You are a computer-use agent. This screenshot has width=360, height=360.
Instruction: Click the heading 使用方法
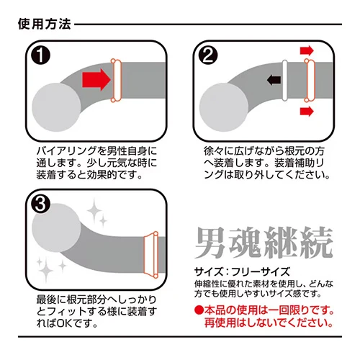[x=45, y=24]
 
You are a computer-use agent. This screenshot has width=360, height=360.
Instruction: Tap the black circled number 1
[x=41, y=55]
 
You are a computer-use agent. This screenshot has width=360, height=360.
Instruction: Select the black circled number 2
[x=208, y=55]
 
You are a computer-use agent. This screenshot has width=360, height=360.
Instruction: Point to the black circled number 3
[x=41, y=204]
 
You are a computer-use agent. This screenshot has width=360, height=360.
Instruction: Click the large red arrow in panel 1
[x=96, y=79]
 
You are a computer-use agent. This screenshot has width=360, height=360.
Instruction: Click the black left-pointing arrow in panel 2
[x=274, y=80]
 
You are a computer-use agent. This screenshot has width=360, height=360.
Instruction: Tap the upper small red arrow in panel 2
[x=307, y=50]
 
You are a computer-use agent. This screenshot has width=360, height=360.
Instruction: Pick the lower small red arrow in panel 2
[x=307, y=111]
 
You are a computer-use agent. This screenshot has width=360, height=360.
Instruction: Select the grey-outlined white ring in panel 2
[x=285, y=81]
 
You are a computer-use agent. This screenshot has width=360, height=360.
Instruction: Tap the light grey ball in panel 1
[x=56, y=107]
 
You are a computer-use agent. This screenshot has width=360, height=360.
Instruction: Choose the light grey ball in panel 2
[x=224, y=107]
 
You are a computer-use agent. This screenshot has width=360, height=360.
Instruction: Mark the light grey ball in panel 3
[x=56, y=228]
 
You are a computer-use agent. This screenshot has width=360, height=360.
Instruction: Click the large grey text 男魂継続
[x=264, y=243]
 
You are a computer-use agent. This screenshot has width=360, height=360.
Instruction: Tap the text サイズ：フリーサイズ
[x=242, y=271]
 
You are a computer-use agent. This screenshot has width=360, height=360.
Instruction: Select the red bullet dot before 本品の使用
[x=199, y=310]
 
